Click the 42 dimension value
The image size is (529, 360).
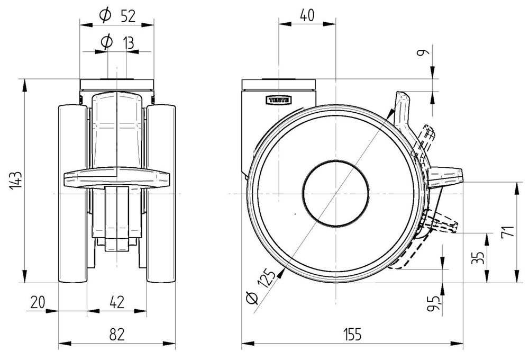tap(117, 302)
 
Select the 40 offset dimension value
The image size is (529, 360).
tap(307, 15)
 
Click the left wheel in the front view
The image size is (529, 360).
tap(71, 194)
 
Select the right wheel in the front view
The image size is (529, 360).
tap(161, 194)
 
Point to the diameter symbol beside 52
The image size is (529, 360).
tap(105, 16)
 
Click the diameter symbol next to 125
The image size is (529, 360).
tap(252, 300)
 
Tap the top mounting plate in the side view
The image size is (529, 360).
tap(279, 84)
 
